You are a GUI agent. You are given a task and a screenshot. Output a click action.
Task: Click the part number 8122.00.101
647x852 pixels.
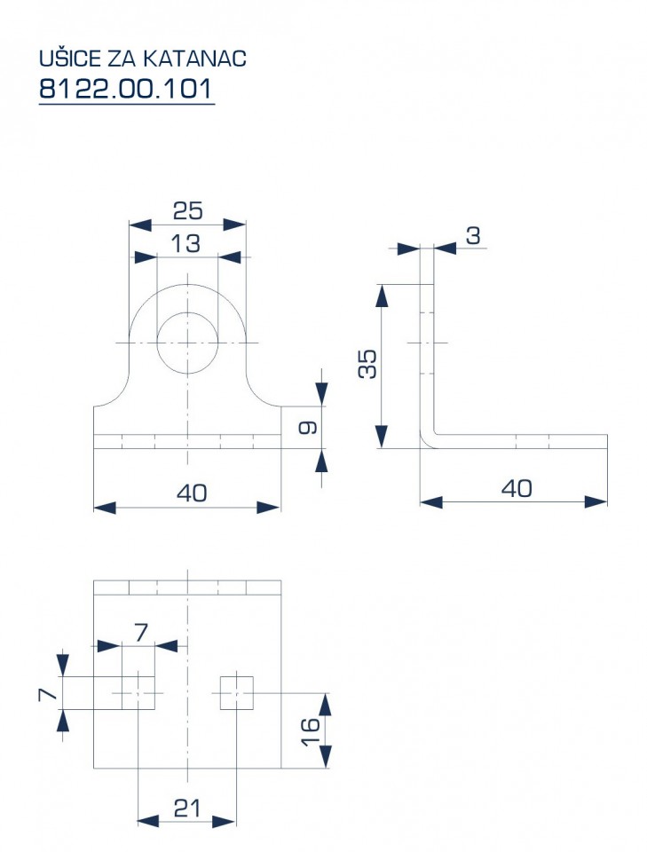tap(125, 89)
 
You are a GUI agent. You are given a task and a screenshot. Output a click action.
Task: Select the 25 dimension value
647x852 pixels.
tap(187, 211)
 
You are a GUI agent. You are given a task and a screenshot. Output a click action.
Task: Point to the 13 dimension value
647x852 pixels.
tap(185, 244)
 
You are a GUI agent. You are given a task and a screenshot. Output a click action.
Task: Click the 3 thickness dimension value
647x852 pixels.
tap(474, 236)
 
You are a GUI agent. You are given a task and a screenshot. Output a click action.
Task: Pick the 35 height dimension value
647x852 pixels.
tap(367, 364)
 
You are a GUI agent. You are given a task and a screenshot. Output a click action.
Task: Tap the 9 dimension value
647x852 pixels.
tap(308, 428)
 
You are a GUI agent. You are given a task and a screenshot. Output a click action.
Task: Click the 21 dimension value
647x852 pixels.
tap(187, 809)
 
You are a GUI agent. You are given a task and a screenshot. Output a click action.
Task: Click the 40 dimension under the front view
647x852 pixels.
tap(192, 493)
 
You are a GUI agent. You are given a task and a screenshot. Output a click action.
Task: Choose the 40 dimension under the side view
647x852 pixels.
tap(517, 489)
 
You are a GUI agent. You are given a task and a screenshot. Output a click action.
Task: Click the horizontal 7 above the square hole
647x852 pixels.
tap(141, 633)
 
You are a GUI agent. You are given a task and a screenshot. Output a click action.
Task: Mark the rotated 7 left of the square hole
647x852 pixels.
tap(48, 694)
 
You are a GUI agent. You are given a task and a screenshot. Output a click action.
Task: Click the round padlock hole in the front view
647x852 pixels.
tap(187, 343)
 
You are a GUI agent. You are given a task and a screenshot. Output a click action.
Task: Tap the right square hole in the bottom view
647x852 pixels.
tap(237, 693)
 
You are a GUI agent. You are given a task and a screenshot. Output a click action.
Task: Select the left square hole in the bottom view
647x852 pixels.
tap(138, 693)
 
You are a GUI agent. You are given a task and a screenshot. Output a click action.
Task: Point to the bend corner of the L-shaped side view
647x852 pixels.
tap(428, 441)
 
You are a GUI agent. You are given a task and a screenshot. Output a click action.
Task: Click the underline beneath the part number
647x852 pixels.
tap(127, 103)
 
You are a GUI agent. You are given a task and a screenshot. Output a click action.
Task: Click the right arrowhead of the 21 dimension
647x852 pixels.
tap(225, 821)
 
